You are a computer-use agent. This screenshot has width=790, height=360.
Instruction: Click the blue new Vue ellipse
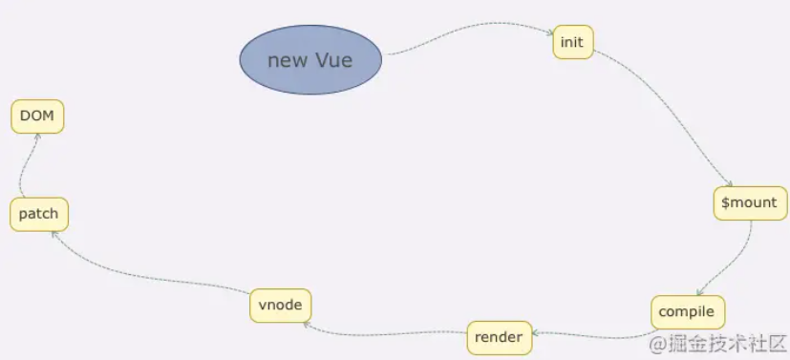coord(310,60)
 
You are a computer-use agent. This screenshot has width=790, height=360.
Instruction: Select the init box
coord(572,42)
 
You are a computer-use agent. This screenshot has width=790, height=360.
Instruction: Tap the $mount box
coord(750,202)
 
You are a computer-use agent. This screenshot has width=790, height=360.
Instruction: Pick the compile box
coord(688,312)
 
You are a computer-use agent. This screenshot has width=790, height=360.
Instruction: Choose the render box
coord(498,337)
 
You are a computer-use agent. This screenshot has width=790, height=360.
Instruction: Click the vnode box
coord(280,305)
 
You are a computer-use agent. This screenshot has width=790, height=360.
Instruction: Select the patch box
coord(39,214)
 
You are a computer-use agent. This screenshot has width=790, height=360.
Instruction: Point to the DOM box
coord(37,116)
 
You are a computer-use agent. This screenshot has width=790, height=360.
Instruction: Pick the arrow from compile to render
coord(592,335)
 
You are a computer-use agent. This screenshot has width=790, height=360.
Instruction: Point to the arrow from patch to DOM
coord(26,167)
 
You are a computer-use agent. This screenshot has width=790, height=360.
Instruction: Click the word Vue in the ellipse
coord(334,60)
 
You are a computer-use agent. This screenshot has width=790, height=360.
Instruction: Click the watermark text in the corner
coord(716,343)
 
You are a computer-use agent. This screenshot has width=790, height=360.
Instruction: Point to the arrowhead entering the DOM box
coord(37,138)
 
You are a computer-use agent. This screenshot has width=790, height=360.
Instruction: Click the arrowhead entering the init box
coord(550,36)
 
